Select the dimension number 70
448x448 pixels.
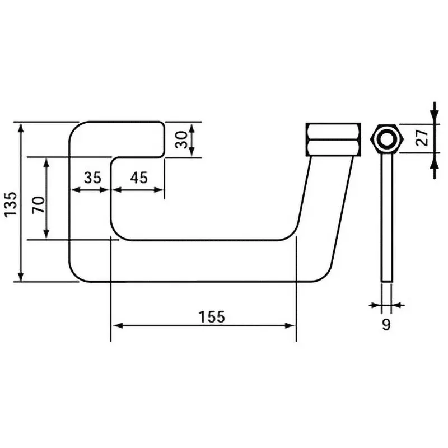click(x=38, y=205)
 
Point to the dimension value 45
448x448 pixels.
click(x=138, y=178)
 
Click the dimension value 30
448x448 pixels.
click(x=181, y=139)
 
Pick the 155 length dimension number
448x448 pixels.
click(x=212, y=316)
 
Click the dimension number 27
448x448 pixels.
click(x=423, y=137)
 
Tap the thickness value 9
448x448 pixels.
click(x=386, y=324)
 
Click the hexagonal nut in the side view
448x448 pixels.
click(x=386, y=138)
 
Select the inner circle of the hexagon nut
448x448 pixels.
click(x=386, y=138)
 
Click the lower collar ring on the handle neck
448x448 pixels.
click(x=333, y=148)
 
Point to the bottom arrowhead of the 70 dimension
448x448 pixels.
click(x=47, y=235)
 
